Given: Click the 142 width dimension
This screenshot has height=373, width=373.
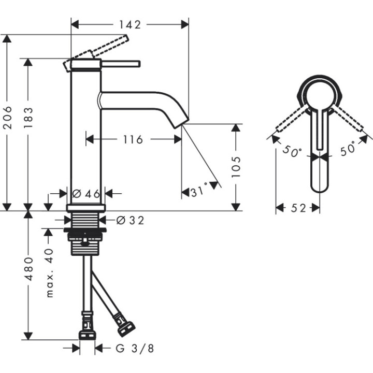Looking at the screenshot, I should pyautogui.click(x=130, y=24).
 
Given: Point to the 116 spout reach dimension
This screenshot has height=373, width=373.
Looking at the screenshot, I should pyautogui.click(x=133, y=139).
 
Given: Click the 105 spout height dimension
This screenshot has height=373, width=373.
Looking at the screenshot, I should pyautogui.click(x=236, y=167).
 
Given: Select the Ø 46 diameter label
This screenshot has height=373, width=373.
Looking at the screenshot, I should pyautogui.click(x=86, y=194).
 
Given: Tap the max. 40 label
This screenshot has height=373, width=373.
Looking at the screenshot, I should pyautogui.click(x=49, y=272).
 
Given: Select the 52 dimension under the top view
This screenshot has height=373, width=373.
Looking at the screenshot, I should pyautogui.click(x=297, y=208).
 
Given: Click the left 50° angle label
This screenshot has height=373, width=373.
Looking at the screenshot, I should pyautogui.click(x=292, y=151).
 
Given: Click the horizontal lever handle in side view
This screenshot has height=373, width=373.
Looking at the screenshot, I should pyautogui.click(x=122, y=64).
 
